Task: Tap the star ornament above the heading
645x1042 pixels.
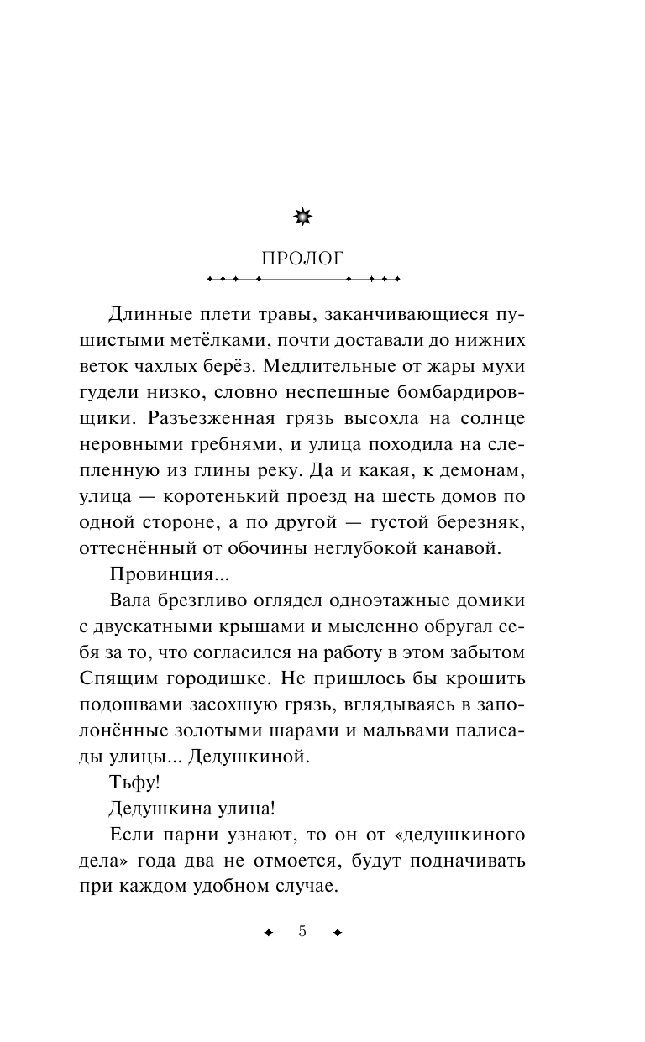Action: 302,218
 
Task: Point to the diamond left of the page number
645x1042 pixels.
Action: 268,933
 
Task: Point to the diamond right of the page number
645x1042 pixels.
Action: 338,933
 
